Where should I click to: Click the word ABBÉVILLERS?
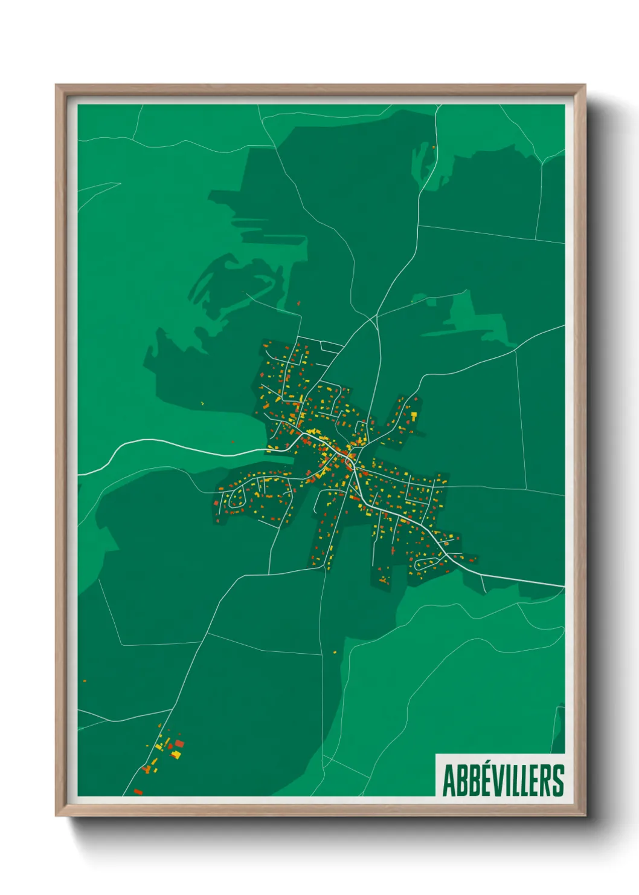point(503,780)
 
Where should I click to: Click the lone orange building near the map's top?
point(434,146)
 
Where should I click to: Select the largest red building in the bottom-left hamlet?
point(179,744)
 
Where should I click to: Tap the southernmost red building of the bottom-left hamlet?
point(138,791)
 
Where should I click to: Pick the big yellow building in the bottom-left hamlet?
point(176,754)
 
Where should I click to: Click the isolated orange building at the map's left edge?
point(85,681)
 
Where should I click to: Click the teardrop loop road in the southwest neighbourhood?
point(233,498)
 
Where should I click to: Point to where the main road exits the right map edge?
point(564,585)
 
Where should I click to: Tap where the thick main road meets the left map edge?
point(79,474)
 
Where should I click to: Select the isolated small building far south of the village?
point(335,653)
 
